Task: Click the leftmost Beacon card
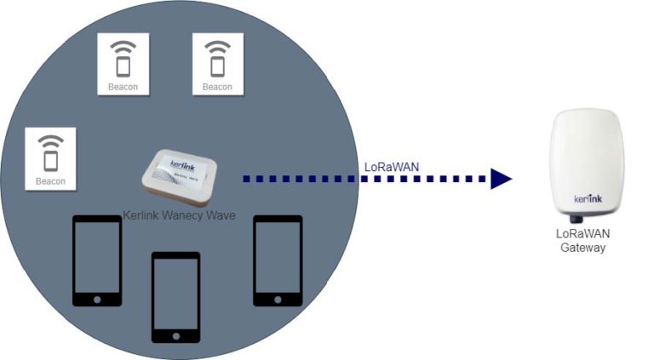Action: [50, 158]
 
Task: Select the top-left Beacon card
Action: [123, 64]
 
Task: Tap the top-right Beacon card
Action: [217, 64]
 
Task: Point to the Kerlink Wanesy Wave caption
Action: [180, 215]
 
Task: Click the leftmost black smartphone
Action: [96, 260]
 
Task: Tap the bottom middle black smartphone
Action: [175, 295]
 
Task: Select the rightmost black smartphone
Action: [278, 260]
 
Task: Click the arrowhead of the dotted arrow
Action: [501, 179]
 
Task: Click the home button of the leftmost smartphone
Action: [96, 299]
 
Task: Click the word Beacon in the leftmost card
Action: [50, 180]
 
